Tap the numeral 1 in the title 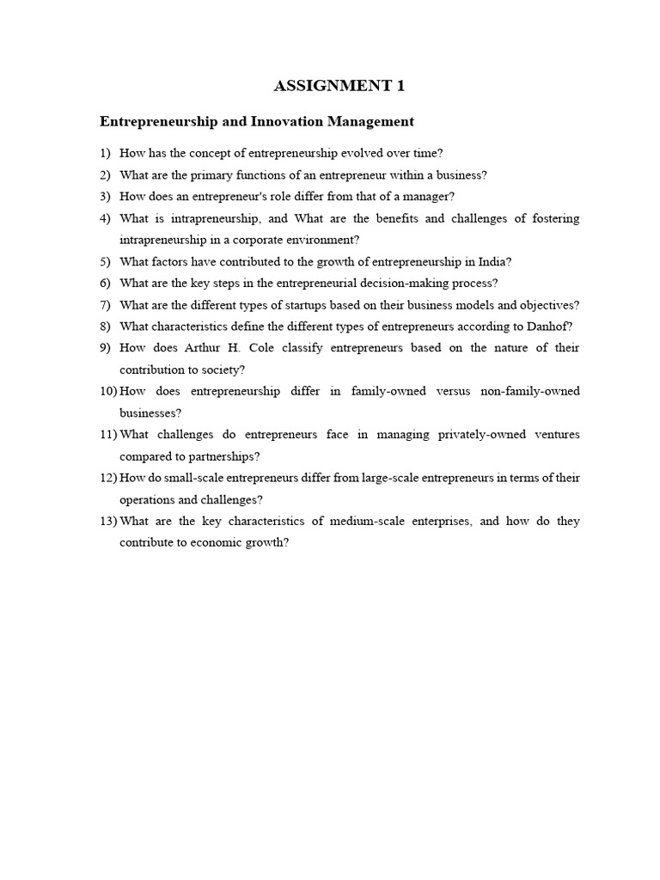[x=399, y=85]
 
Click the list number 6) [x=106, y=283]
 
